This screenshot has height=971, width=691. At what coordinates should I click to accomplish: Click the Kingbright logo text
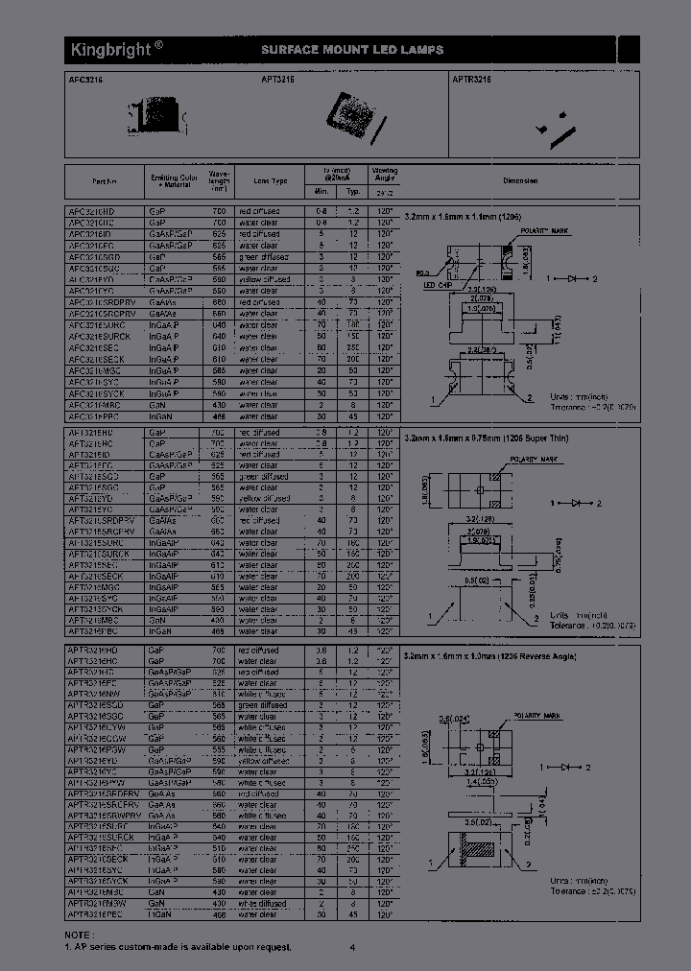[x=108, y=49]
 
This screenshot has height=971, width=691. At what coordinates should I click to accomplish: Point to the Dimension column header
[x=520, y=180]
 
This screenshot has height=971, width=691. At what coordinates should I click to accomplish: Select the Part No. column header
[x=105, y=180]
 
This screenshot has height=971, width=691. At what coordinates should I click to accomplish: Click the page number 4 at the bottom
[x=352, y=948]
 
